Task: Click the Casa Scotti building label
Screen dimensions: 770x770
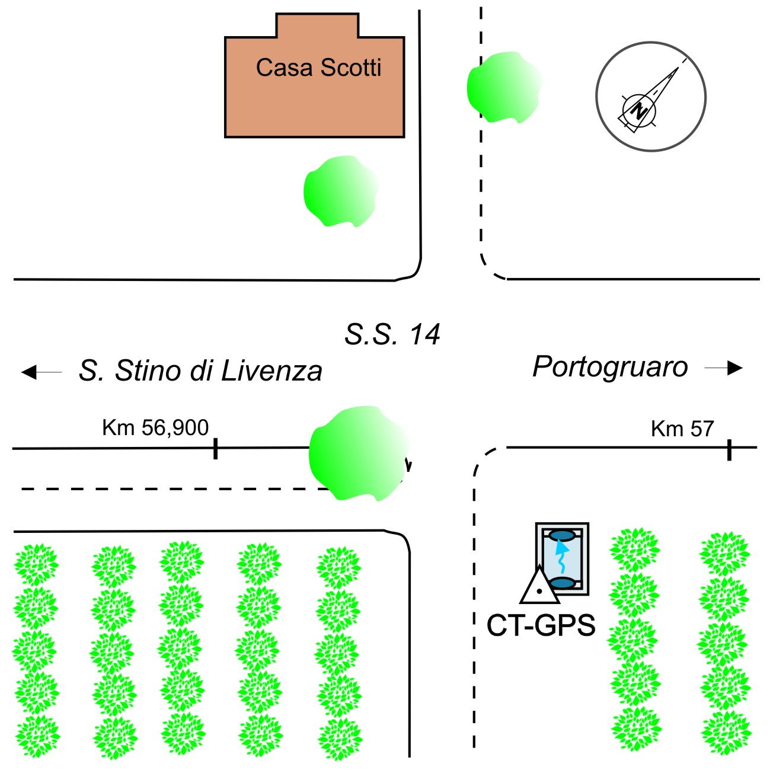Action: (x=318, y=68)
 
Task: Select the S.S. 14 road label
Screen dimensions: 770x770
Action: (x=392, y=334)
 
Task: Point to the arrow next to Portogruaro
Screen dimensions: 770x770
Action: (x=724, y=368)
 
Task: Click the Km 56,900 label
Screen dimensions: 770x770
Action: (x=155, y=427)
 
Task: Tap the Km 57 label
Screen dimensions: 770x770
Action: (x=682, y=429)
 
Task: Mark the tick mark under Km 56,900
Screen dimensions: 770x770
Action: (x=215, y=448)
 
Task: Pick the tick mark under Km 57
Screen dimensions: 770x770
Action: (x=729, y=450)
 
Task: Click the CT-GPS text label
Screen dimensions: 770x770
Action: (x=541, y=626)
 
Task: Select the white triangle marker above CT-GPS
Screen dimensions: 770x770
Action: (x=539, y=586)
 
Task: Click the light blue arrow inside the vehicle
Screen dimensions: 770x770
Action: (x=561, y=558)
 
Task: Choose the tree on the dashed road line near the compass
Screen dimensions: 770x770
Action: (x=504, y=87)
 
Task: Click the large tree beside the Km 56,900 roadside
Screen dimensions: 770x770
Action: (x=359, y=453)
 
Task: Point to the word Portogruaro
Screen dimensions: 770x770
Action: (x=610, y=367)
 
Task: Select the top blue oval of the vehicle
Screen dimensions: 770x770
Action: (x=562, y=536)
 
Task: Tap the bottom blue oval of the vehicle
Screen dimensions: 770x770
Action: (x=563, y=583)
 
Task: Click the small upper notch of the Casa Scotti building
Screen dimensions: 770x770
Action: (x=317, y=25)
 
